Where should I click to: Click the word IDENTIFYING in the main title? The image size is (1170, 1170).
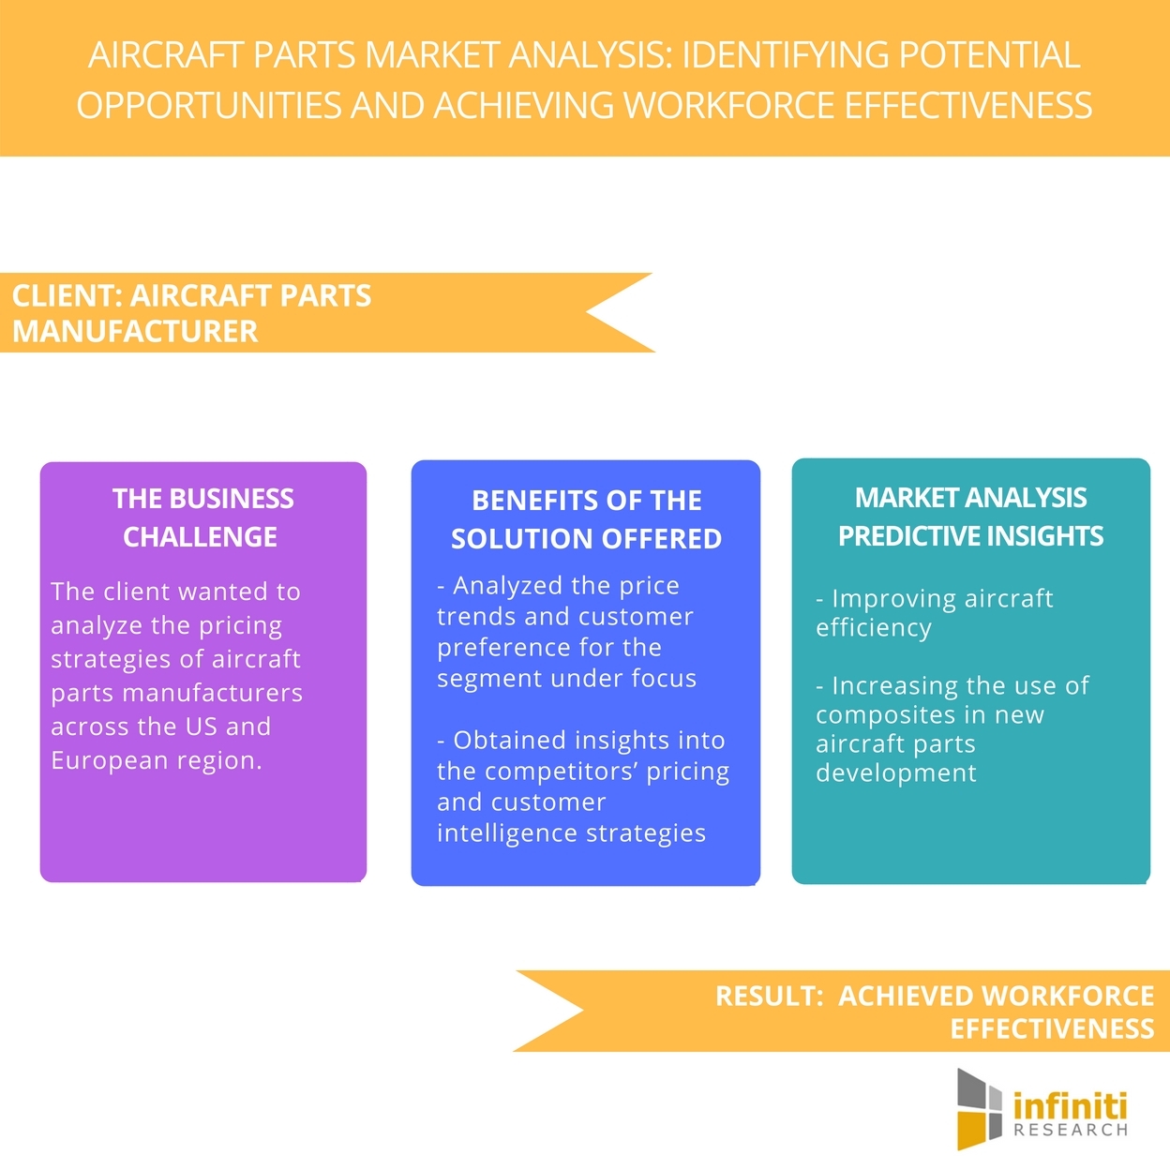(786, 54)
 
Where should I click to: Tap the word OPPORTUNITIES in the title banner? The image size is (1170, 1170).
(208, 105)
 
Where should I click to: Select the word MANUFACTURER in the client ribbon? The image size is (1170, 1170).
(135, 332)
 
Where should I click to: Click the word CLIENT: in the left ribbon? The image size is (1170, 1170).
(67, 295)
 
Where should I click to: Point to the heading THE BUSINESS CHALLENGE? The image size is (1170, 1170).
(202, 517)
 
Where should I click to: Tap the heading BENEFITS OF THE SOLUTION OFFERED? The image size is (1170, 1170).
(586, 519)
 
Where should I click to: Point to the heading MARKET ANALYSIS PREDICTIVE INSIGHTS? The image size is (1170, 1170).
(970, 516)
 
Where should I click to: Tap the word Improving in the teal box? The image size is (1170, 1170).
(892, 599)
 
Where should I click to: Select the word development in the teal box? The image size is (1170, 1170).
(896, 772)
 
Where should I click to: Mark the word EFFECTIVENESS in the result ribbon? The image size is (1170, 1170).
(1052, 1028)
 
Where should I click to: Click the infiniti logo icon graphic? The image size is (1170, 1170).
(979, 1109)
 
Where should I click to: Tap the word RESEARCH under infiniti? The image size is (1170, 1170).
(1071, 1130)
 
